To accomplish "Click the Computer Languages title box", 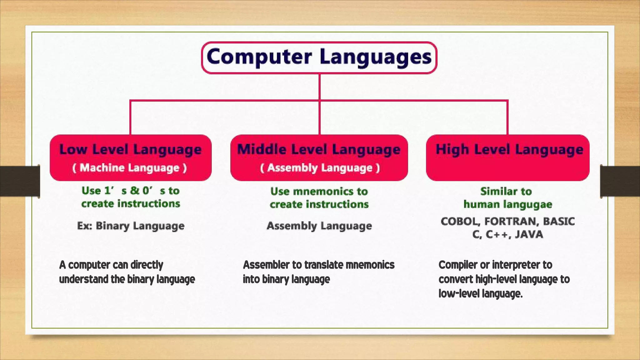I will [x=319, y=57].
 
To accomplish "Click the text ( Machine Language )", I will [x=130, y=168].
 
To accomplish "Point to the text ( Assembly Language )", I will [x=320, y=168].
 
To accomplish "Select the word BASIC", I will [x=559, y=221].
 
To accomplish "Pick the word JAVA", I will [x=529, y=234].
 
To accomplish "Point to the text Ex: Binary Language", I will [x=131, y=226].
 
